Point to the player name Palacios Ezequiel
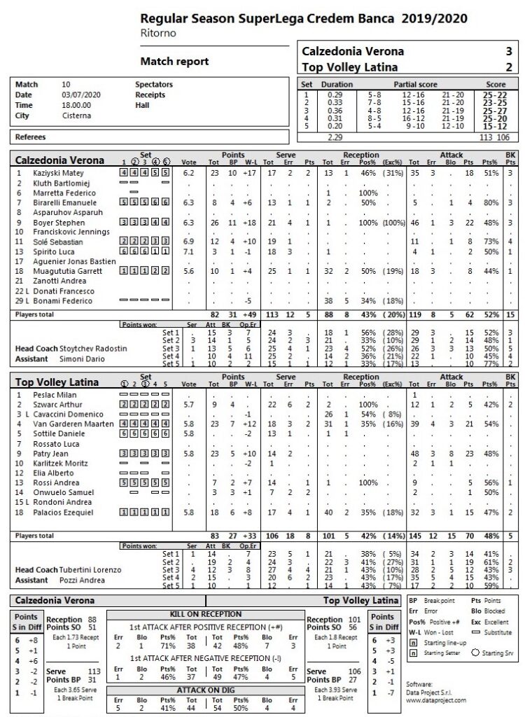[62, 513]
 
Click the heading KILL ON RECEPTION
[206, 614]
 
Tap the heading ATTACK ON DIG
[206, 690]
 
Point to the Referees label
[31, 137]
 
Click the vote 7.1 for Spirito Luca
[188, 251]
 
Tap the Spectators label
[153, 85]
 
